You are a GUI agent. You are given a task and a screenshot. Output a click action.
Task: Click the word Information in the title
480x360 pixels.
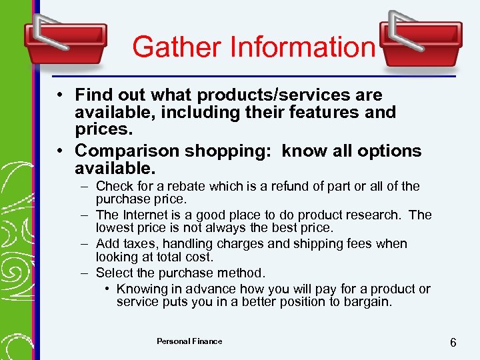[x=303, y=47]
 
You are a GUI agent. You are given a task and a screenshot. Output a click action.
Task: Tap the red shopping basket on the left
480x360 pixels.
[x=65, y=40]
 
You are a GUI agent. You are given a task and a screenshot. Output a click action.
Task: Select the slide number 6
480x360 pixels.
[x=453, y=343]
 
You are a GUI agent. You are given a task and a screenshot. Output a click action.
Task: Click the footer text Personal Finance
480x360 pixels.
[x=189, y=341]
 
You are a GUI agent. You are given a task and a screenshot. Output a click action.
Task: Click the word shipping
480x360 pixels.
[x=326, y=243]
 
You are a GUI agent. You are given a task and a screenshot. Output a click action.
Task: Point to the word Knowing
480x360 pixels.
[x=141, y=289]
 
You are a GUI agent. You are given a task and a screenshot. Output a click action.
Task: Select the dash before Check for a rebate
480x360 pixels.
[x=86, y=186]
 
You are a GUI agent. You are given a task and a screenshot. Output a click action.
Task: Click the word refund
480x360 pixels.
[x=288, y=186]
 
